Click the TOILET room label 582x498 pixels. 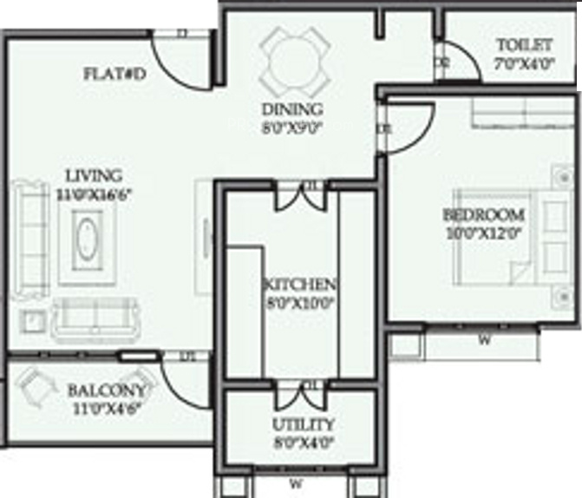click(524, 45)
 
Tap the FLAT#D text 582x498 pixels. click(114, 74)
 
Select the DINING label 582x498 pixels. click(293, 109)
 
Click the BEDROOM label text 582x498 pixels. click(483, 214)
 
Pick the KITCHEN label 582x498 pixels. click(300, 285)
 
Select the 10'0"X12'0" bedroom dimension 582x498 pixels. click(483, 232)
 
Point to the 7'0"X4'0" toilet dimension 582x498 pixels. click(524, 62)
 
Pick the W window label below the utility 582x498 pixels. click(296, 482)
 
